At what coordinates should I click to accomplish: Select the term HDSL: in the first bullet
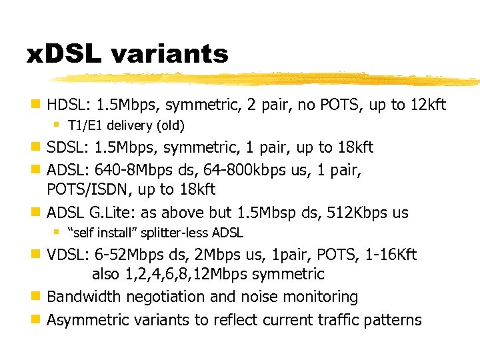coord(69,105)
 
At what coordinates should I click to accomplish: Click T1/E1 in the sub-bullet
coord(83,125)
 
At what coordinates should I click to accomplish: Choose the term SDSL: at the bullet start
coord(69,147)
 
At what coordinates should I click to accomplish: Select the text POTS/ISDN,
coord(89,190)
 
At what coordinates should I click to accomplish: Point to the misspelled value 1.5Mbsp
coord(267,213)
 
